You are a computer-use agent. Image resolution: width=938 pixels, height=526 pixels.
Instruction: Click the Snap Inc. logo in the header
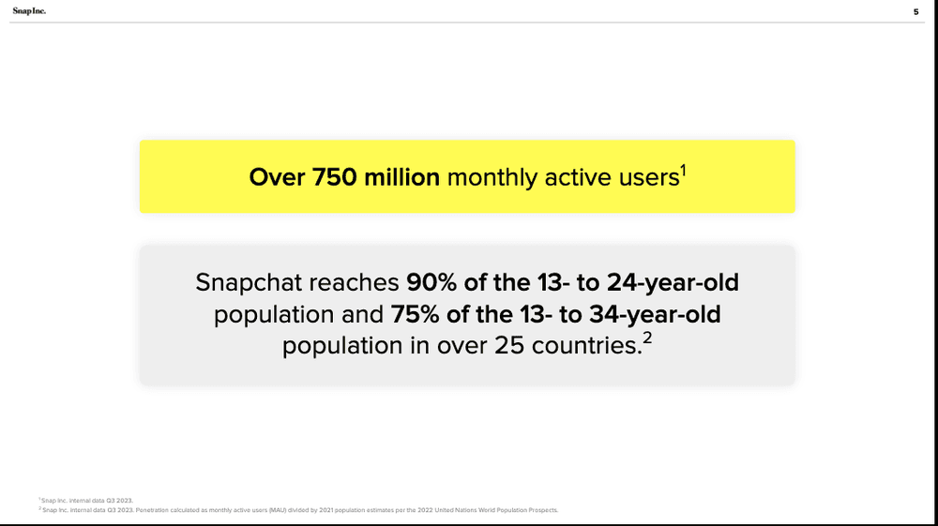point(29,11)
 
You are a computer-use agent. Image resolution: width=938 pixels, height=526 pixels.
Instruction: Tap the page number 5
point(915,12)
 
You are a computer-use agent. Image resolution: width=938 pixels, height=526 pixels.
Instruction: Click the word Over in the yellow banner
point(274,177)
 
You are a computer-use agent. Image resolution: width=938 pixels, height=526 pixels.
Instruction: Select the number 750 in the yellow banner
point(331,177)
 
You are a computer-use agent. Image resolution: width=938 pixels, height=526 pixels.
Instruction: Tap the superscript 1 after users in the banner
point(682,171)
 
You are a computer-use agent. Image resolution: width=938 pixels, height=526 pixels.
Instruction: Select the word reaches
point(356,283)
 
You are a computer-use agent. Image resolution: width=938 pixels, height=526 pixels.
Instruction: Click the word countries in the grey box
point(585,345)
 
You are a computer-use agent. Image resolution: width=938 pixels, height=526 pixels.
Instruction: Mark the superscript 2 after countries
point(647,338)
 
